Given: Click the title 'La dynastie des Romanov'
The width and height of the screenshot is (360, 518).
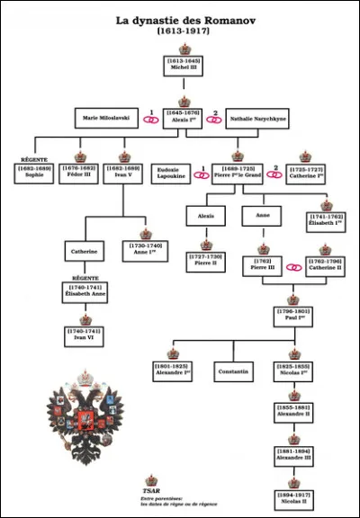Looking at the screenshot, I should pyautogui.click(x=180, y=19).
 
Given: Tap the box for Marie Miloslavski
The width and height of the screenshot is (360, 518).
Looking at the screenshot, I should pyautogui.click(x=106, y=118).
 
